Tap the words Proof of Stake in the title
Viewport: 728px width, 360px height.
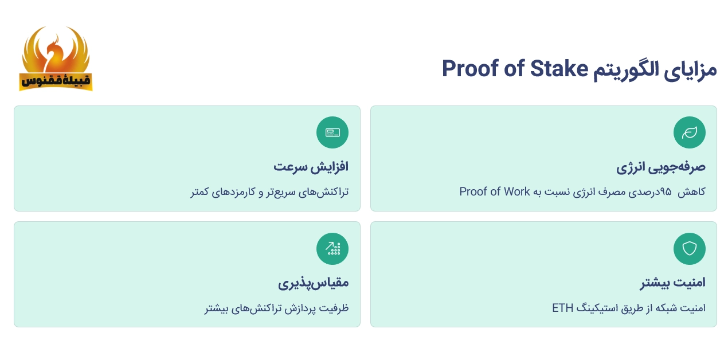[x=515, y=69]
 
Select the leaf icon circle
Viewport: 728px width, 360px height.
[x=689, y=132]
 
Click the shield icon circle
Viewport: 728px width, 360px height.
[x=689, y=249]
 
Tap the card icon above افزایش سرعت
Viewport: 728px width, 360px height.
[x=332, y=132]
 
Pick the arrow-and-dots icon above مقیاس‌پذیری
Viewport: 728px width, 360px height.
[x=332, y=249]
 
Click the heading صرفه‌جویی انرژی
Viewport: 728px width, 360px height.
[x=661, y=167]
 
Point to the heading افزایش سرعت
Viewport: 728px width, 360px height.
[x=311, y=167]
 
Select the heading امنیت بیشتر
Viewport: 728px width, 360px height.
[x=672, y=283]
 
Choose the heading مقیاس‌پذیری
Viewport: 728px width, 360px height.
[x=314, y=283]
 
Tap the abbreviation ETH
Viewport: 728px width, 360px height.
[x=562, y=308]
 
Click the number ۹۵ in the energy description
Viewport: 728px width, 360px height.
[x=665, y=191]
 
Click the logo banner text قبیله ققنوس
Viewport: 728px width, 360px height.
[x=56, y=81]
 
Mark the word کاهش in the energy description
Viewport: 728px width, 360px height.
[x=692, y=191]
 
